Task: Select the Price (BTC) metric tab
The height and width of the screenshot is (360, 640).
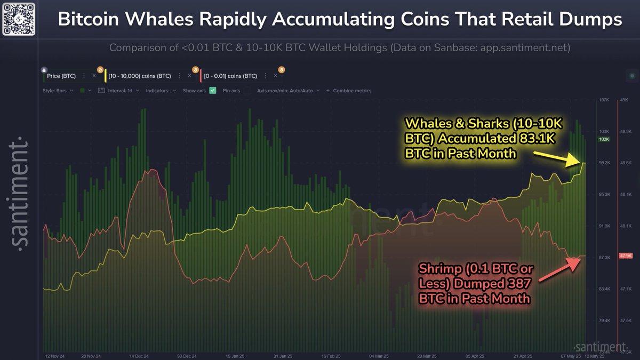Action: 61,76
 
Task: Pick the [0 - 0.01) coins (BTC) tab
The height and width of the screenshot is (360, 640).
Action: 231,76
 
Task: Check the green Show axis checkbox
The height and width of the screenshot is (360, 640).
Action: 212,91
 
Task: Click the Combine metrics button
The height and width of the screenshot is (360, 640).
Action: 352,91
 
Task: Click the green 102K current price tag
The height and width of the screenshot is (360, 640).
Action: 604,139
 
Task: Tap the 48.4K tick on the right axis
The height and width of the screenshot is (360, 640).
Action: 626,195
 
